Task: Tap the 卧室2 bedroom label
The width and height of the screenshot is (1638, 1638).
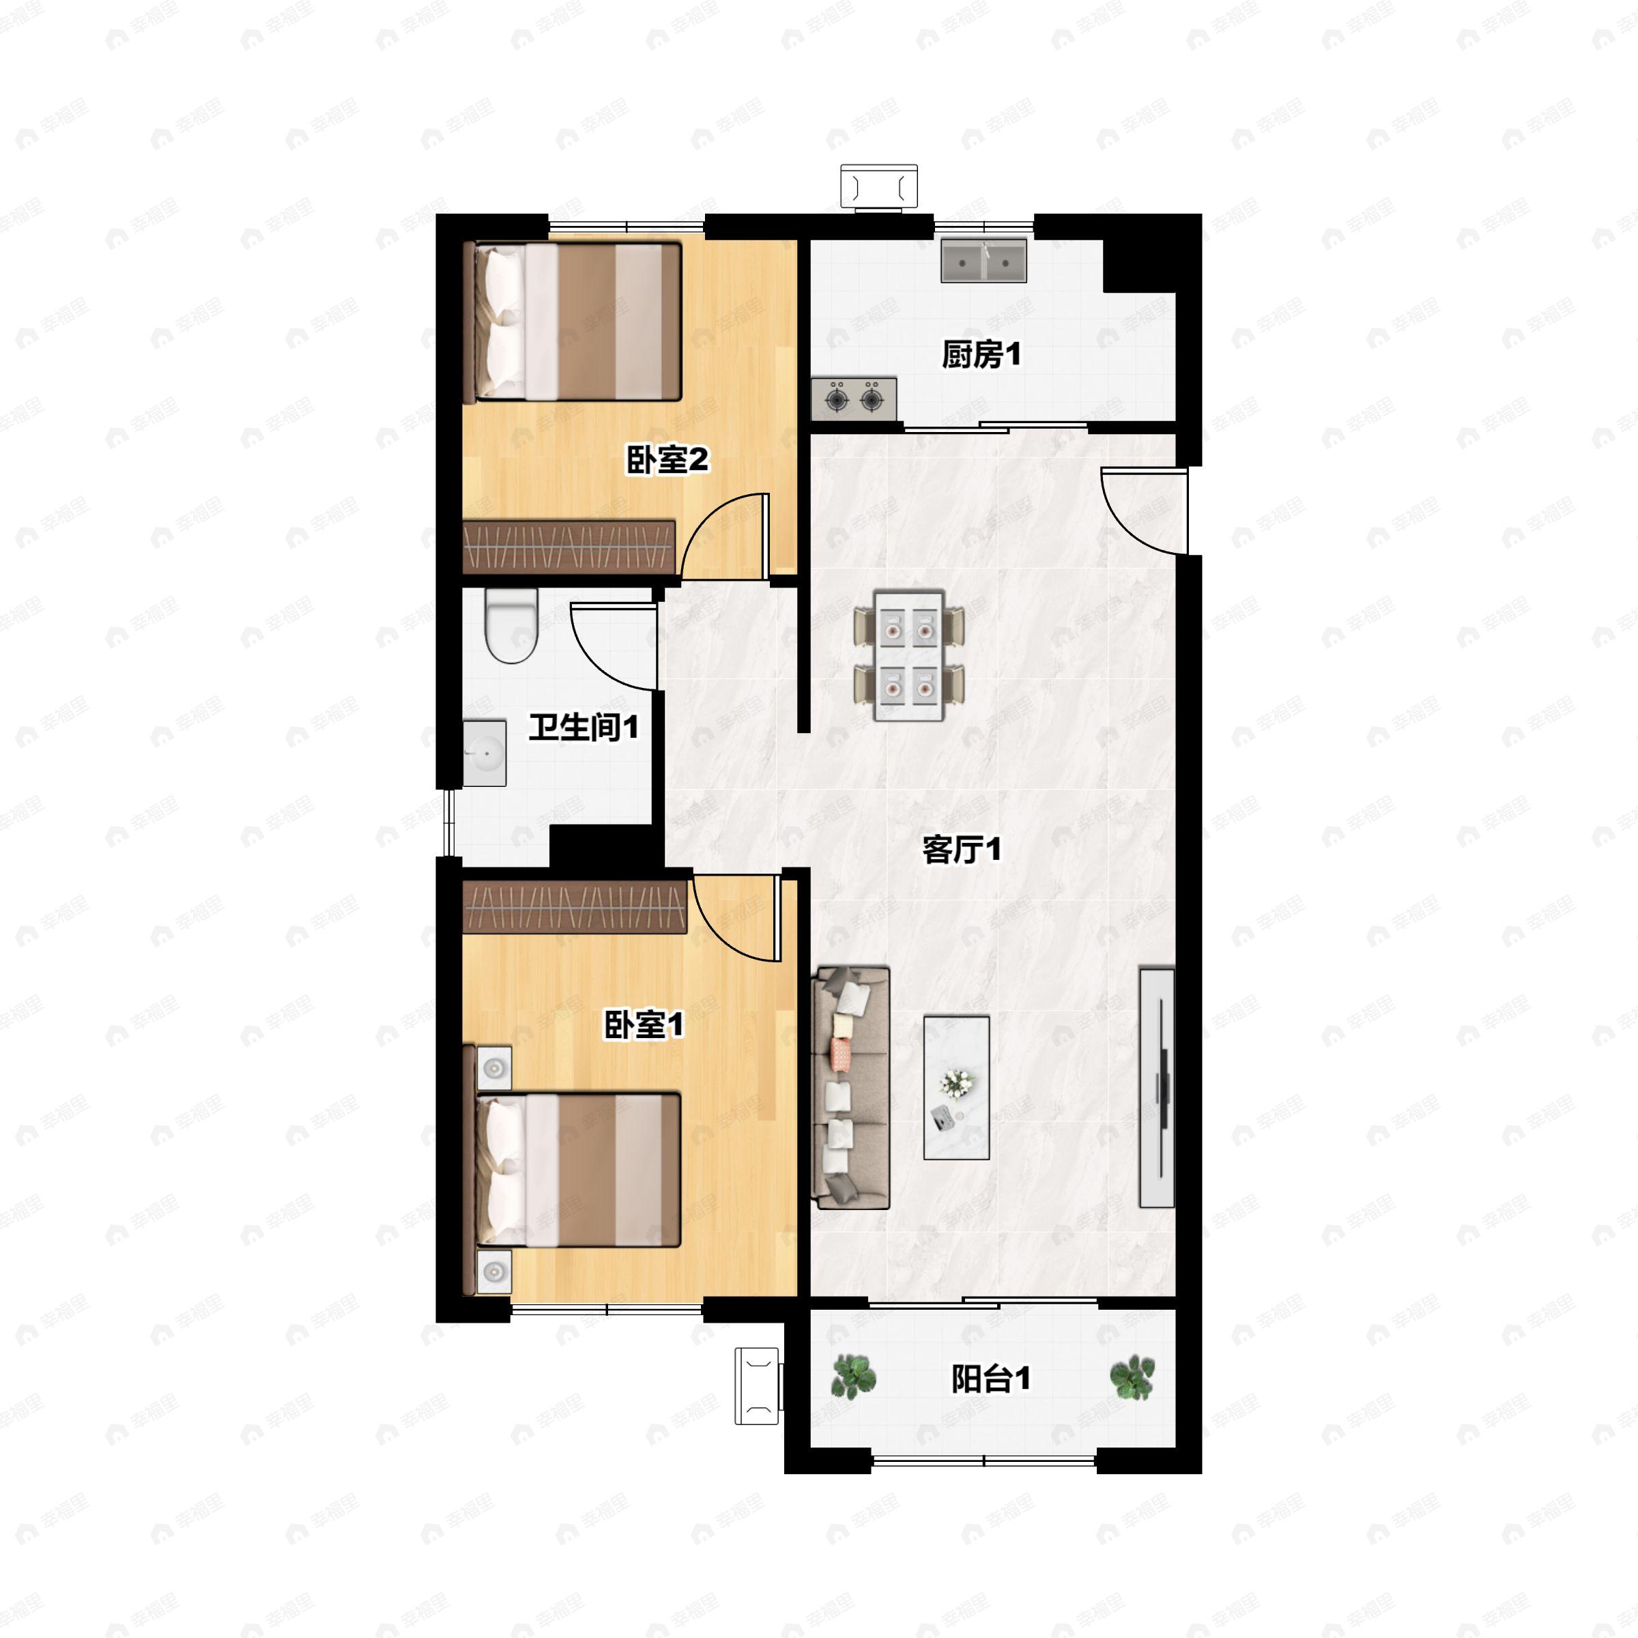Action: (667, 461)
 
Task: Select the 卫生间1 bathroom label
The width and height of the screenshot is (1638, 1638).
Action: (584, 727)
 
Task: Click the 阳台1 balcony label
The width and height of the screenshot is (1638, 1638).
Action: (990, 1379)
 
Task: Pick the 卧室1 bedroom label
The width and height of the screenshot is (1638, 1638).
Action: (644, 1025)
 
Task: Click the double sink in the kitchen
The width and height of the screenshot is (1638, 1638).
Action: (983, 260)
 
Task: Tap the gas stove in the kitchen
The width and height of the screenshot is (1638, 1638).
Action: (854, 399)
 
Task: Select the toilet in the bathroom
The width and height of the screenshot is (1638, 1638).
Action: (511, 626)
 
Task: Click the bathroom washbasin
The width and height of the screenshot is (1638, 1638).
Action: (484, 753)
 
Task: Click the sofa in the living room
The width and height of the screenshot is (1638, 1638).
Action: (850, 1088)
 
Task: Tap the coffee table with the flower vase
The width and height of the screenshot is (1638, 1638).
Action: (956, 1088)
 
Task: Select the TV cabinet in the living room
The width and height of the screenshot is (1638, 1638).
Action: (1156, 1087)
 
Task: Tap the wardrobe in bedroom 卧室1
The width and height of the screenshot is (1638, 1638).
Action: (575, 907)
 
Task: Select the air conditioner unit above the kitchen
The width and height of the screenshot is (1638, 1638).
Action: (878, 186)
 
